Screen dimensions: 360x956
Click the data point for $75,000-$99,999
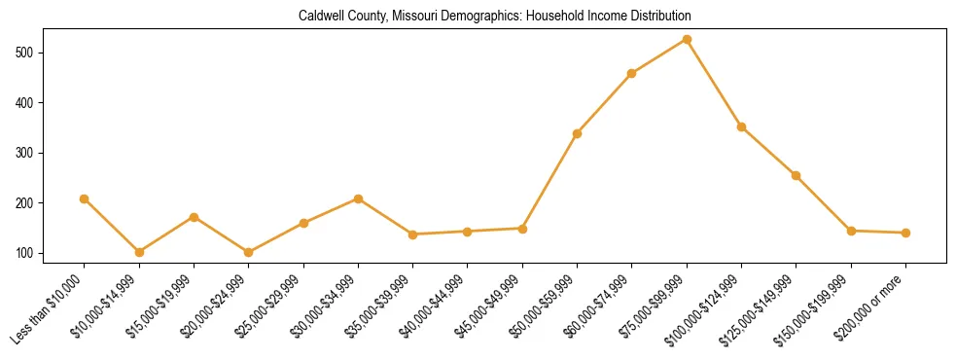coord(687,40)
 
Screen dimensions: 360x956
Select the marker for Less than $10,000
coord(85,198)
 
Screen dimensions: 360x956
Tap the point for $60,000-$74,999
coord(632,73)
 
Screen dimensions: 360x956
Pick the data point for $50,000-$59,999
coord(578,133)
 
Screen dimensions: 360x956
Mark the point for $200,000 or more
coord(905,233)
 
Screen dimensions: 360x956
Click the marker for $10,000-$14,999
coord(139,252)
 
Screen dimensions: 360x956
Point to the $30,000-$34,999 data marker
coord(358,198)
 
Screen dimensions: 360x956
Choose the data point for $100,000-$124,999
coord(741,126)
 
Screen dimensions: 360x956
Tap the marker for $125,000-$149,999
coord(796,176)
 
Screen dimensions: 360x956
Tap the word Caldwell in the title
coord(321,16)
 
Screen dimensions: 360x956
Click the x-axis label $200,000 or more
coord(874,305)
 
